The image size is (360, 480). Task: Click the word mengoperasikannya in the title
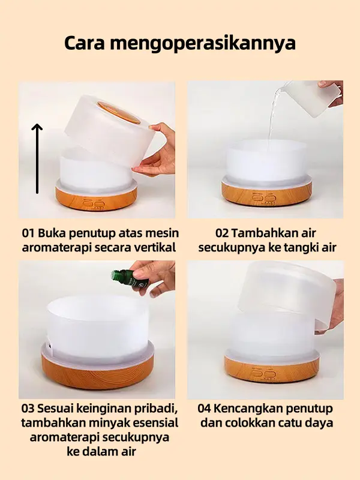click(203, 44)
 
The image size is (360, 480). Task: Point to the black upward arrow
click(37, 158)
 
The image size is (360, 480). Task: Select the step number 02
click(221, 233)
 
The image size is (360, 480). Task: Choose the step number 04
click(204, 409)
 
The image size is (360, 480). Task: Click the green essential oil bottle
click(130, 278)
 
